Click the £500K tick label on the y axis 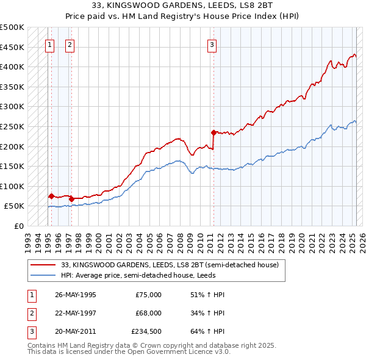(12, 27)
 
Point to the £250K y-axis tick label (12, 126)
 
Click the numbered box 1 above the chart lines (49, 44)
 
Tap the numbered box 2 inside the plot (70, 44)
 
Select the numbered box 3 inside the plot (212, 44)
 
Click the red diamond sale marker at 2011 (213, 132)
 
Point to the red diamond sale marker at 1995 (51, 196)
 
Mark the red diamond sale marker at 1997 (71, 199)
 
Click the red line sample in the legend (43, 265)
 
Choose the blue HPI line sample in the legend (43, 275)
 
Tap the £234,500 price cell (146, 333)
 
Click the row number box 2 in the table (30, 314)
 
